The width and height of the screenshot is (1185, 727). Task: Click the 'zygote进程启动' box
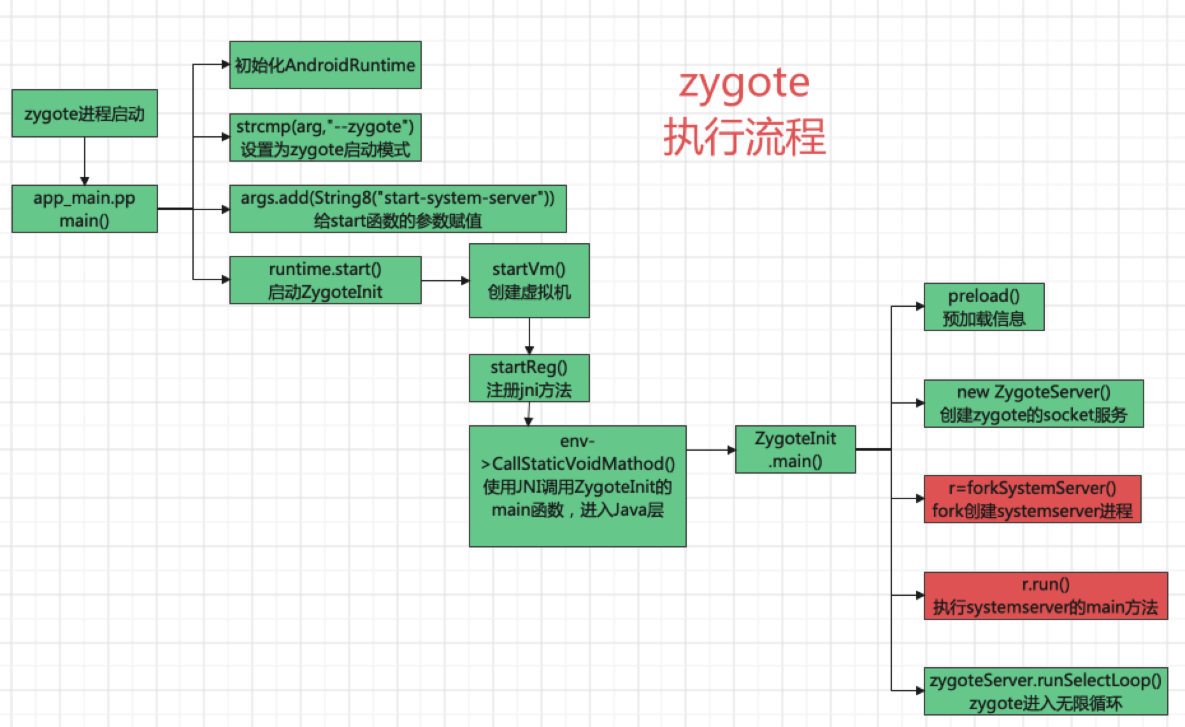pos(84,113)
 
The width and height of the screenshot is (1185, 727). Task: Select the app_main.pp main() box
pos(84,209)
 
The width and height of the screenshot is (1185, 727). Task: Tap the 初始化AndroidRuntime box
pos(325,65)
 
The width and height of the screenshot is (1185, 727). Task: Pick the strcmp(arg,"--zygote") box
pos(325,138)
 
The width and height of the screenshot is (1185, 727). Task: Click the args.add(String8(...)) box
pos(398,209)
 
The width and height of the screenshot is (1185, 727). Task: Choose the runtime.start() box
pos(325,280)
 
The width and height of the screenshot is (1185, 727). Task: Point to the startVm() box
pos(529,280)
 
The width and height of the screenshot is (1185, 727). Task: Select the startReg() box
pos(529,378)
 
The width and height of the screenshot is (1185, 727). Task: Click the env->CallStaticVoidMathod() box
pos(577,486)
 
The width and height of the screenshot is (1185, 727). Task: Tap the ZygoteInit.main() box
pos(795,449)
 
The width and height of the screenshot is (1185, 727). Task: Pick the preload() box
pos(984,307)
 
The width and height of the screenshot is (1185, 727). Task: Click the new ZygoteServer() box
pos(1033,404)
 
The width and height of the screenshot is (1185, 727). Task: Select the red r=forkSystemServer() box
pos(1032,499)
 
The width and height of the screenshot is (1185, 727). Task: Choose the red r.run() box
pos(1045,596)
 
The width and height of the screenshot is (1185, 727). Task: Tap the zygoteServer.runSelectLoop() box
pos(1045,691)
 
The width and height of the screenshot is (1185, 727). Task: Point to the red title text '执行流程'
pos(744,136)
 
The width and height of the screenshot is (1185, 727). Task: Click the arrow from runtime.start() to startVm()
pos(445,280)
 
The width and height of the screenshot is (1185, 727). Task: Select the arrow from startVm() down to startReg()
pos(529,335)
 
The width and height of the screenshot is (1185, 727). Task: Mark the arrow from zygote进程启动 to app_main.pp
pos(84,160)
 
